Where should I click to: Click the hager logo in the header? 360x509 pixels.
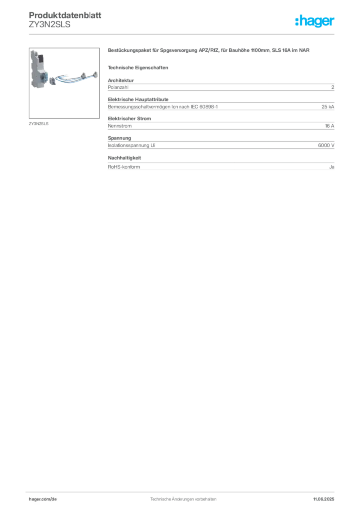(314, 21)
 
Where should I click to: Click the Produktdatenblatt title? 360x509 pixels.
(65, 15)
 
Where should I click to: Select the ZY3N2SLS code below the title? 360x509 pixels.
(49, 25)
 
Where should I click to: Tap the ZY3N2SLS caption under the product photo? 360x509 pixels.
(39, 124)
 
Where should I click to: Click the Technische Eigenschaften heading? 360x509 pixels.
(138, 68)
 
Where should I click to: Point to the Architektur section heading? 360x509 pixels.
(121, 80)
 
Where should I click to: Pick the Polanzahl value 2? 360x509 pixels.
(333, 87)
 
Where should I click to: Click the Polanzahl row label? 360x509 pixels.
(118, 87)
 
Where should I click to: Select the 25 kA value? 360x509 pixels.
(328, 107)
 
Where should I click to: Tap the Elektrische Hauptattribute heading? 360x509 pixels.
(138, 99)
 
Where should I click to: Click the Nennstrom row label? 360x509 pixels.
(120, 126)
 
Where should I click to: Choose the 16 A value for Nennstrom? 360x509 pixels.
(329, 126)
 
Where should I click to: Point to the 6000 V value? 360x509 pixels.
(326, 146)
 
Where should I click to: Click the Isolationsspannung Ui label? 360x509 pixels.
(131, 146)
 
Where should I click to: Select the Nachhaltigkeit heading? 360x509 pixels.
(124, 158)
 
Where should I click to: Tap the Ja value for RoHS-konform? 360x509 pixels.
(332, 167)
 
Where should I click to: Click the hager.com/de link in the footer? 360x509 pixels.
(43, 499)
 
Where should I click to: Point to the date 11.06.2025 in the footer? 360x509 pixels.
(323, 499)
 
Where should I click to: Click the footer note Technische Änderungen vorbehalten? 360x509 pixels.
(183, 499)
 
